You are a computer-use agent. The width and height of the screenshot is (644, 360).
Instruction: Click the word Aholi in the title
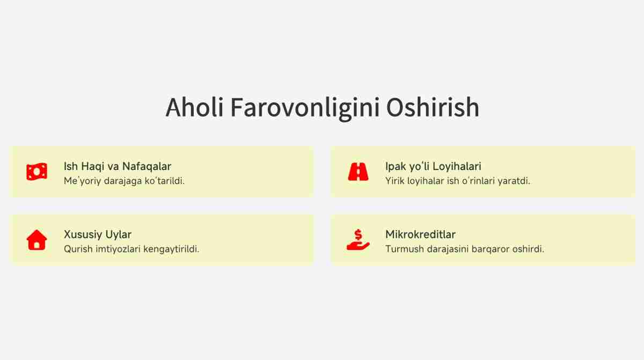pyautogui.click(x=194, y=107)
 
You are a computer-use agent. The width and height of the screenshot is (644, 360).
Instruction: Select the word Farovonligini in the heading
pyautogui.click(x=305, y=109)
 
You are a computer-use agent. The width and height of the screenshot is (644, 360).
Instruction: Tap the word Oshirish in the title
pyautogui.click(x=433, y=107)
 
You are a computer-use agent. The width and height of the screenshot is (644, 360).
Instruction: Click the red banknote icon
pyautogui.click(x=37, y=172)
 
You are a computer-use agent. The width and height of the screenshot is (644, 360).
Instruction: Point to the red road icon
pyautogui.click(x=358, y=172)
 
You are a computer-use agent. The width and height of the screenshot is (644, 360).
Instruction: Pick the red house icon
pyautogui.click(x=37, y=240)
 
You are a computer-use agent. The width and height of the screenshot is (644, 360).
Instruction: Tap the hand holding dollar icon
pyautogui.click(x=358, y=240)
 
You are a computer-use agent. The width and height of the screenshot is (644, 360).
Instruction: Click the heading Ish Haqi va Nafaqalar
pyautogui.click(x=118, y=166)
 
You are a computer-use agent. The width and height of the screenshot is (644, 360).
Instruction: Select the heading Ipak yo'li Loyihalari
pyautogui.click(x=433, y=167)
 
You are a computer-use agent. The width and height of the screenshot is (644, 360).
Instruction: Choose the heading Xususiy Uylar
pyautogui.click(x=98, y=235)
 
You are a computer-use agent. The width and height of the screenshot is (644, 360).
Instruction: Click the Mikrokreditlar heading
pyautogui.click(x=420, y=234)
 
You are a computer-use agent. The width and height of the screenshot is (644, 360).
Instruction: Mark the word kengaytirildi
pyautogui.click(x=171, y=249)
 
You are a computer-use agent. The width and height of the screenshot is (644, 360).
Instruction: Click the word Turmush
pyautogui.click(x=405, y=249)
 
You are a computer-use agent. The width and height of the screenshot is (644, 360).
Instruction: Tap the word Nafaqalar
pyautogui.click(x=147, y=166)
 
